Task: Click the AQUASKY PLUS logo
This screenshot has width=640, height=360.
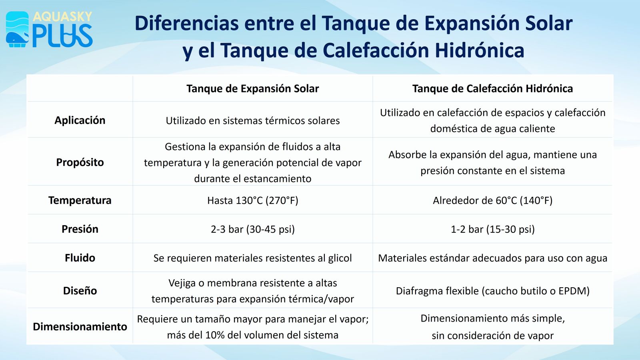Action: [x=49, y=30]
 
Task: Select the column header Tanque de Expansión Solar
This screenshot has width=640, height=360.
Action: [x=252, y=88]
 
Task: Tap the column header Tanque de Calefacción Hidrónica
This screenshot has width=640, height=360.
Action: [x=492, y=88]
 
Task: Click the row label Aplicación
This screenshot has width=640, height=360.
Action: [x=80, y=120]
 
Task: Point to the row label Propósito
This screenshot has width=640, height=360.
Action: [x=80, y=162]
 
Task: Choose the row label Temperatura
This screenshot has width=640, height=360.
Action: [x=80, y=200]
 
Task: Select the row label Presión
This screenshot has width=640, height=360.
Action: [x=80, y=229]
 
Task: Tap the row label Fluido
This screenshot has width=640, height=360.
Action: [x=80, y=258]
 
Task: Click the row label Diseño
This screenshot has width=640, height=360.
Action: [x=80, y=291]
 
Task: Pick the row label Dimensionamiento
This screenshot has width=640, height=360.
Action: [x=80, y=326]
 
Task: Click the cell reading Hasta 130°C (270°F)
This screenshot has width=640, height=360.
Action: [x=252, y=200]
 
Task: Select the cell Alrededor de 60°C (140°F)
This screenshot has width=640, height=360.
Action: [x=492, y=200]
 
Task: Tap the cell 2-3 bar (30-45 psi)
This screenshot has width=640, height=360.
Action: [x=252, y=230]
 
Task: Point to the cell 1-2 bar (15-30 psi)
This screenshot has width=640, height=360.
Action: [x=492, y=230]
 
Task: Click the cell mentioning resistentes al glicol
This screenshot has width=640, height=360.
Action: [x=252, y=258]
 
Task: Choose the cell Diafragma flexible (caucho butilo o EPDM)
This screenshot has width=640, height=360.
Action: [x=492, y=291]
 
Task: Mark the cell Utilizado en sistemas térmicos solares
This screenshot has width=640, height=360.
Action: [x=252, y=121]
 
